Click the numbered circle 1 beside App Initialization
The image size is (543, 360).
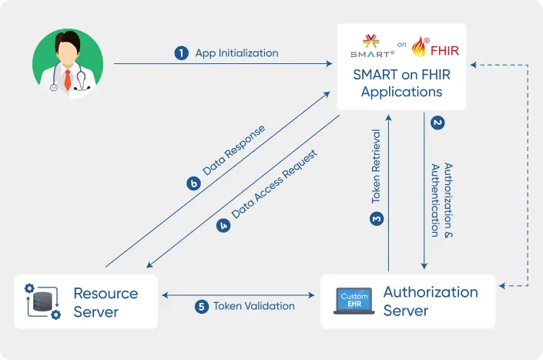(182, 53)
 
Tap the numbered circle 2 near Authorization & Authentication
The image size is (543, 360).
(437, 122)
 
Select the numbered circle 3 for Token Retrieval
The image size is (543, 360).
(377, 220)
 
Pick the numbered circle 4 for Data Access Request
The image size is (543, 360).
(223, 226)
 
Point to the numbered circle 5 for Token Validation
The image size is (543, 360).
(202, 306)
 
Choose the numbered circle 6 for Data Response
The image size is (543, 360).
(194, 183)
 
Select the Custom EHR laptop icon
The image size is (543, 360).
(354, 301)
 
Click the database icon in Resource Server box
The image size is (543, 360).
(42, 301)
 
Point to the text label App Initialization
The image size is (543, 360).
(236, 53)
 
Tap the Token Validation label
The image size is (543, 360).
(254, 306)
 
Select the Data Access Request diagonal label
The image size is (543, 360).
(274, 189)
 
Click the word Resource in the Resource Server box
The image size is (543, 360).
(106, 293)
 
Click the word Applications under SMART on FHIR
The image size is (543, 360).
(401, 92)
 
